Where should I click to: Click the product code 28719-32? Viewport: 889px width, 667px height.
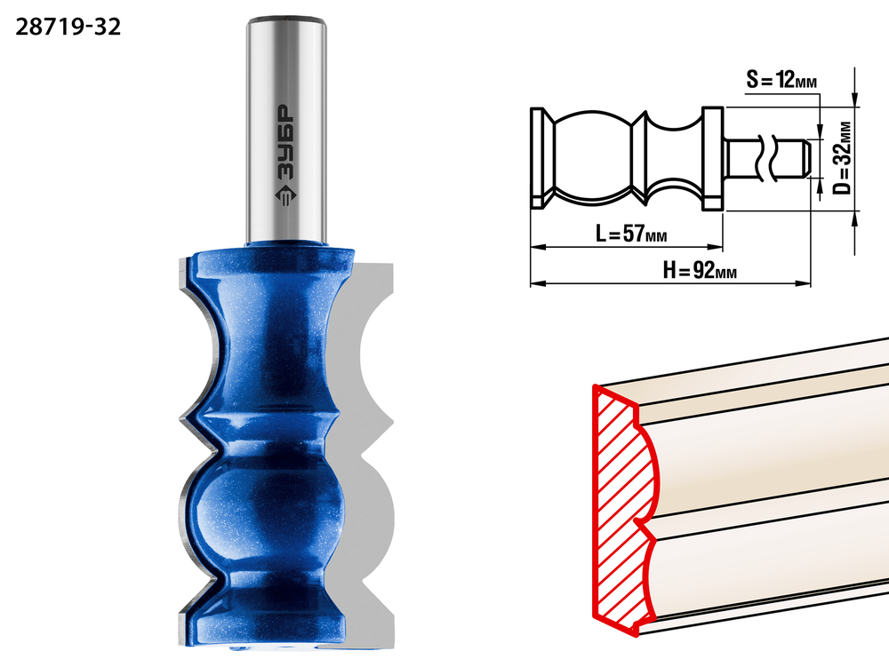[68, 28]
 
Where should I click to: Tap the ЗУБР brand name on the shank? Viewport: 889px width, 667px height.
[286, 143]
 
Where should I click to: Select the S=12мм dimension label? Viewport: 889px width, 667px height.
[781, 80]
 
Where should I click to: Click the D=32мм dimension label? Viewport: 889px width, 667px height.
[843, 158]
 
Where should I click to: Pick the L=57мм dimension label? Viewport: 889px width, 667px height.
[631, 233]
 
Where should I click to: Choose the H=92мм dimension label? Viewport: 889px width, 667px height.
[700, 271]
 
